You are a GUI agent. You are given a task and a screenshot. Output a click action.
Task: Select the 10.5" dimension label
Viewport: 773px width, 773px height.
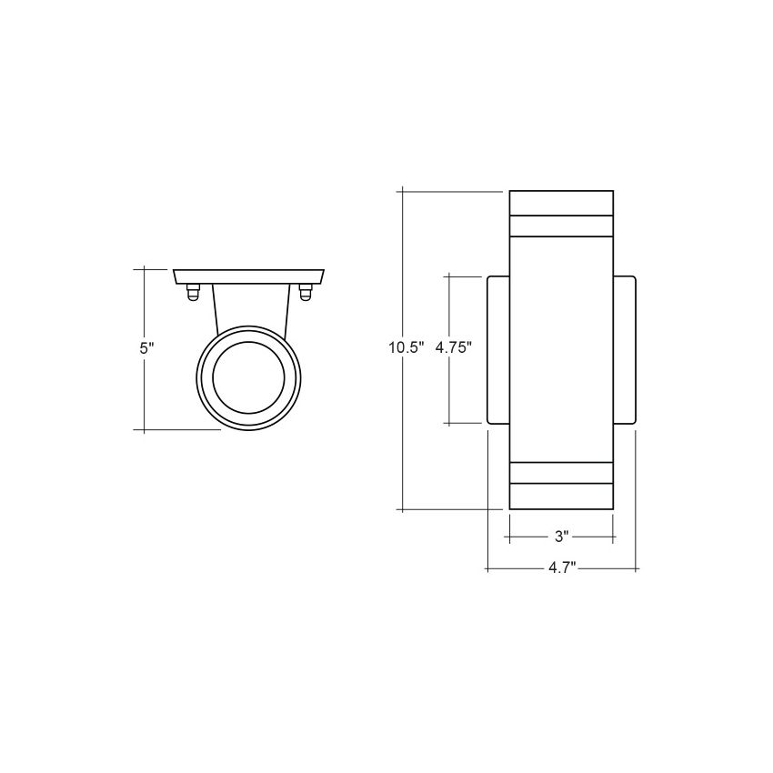pyautogui.click(x=406, y=346)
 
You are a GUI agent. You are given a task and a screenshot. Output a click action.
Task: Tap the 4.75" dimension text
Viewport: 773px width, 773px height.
pyautogui.click(x=454, y=346)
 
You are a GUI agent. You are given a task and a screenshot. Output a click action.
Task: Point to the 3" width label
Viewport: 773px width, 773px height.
pyautogui.click(x=561, y=537)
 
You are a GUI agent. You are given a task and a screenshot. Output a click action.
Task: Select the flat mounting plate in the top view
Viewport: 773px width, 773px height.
pyautogui.click(x=248, y=276)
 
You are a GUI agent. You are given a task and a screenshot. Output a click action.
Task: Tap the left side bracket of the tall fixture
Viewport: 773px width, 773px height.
pyautogui.click(x=498, y=349)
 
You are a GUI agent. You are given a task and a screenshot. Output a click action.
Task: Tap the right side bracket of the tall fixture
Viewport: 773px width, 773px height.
pyautogui.click(x=625, y=349)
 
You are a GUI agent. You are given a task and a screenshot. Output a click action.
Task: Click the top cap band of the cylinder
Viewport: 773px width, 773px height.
pyautogui.click(x=561, y=202)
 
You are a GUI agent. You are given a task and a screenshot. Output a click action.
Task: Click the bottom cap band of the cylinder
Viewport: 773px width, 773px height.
pyautogui.click(x=561, y=496)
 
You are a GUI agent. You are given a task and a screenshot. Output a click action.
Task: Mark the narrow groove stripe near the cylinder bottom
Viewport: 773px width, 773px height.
pyautogui.click(x=561, y=472)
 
